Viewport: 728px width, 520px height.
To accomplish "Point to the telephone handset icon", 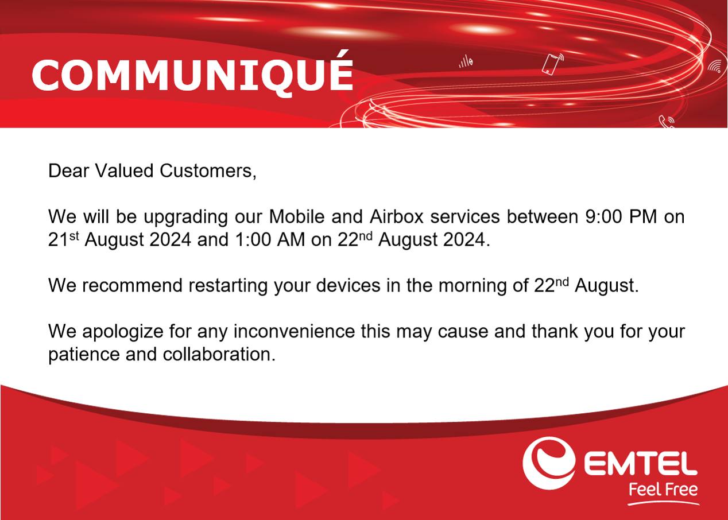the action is tap(666, 122).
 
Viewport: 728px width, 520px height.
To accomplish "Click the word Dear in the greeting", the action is tap(68, 171).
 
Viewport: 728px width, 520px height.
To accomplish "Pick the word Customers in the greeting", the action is tap(208, 172).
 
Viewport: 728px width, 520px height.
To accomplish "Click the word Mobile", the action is tap(297, 216).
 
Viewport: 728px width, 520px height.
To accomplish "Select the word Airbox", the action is tap(397, 216).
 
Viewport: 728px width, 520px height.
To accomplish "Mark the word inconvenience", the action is tap(294, 332).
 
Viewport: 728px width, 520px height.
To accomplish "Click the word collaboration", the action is tap(219, 354).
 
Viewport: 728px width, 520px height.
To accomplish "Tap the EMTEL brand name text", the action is tap(641, 464).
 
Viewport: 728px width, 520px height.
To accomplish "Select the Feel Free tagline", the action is tap(663, 490).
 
